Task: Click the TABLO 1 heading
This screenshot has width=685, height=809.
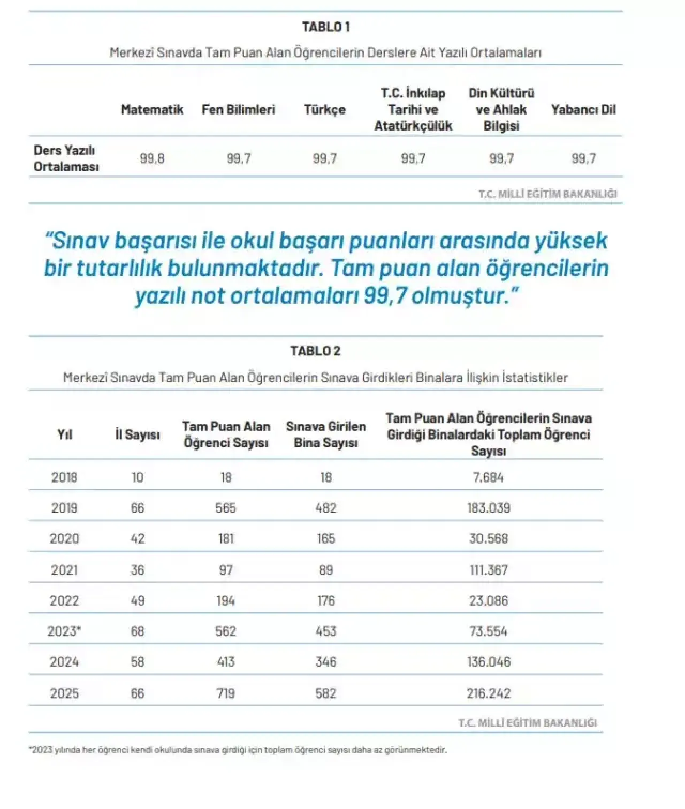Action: tap(325, 27)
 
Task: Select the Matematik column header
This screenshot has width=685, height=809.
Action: tap(152, 110)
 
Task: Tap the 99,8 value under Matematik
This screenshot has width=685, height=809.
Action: tap(152, 158)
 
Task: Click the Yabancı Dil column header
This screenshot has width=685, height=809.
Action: tap(583, 110)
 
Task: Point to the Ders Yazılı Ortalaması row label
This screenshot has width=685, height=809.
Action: tap(66, 158)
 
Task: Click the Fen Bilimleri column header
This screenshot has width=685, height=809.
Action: tap(238, 110)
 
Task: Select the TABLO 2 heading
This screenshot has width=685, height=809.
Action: tap(315, 351)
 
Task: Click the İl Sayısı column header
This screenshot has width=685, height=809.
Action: tap(138, 434)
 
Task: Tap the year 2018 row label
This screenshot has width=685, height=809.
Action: tap(64, 477)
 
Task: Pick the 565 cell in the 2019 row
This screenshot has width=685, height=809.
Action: tap(226, 508)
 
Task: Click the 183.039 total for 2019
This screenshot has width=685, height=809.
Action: tap(489, 508)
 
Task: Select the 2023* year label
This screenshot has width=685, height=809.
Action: tap(64, 631)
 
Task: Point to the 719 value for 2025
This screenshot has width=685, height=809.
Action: tap(226, 693)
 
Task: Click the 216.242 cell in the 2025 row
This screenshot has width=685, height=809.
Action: tap(489, 693)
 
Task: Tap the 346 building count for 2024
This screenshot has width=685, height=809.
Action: tap(326, 662)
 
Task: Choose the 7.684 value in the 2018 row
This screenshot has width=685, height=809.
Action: tap(489, 477)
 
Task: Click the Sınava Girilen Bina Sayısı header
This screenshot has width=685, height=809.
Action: tap(326, 434)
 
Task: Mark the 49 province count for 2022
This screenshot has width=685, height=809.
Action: tap(138, 601)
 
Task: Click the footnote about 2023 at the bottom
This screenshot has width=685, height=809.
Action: tap(238, 750)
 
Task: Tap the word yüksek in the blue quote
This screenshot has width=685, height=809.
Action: tap(570, 241)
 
